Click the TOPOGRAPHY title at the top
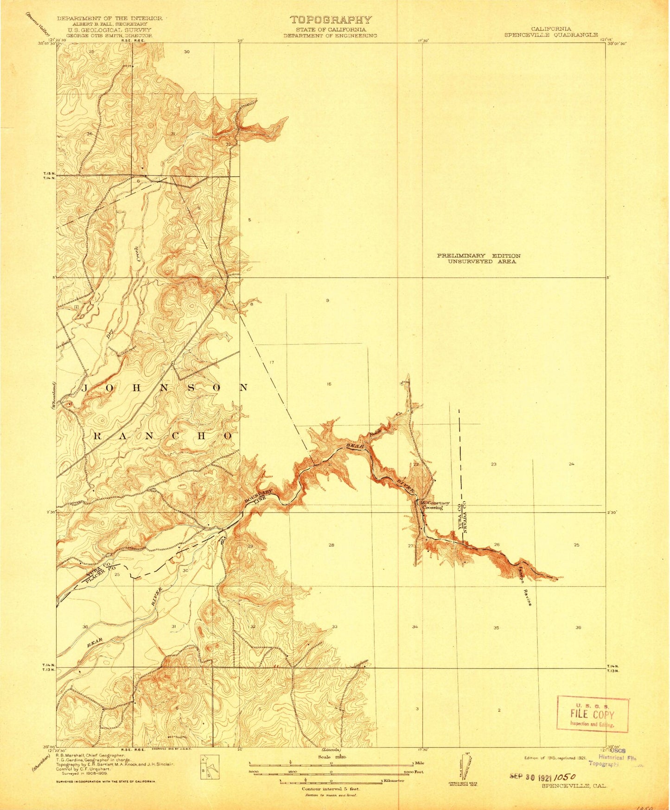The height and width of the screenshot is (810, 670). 331,20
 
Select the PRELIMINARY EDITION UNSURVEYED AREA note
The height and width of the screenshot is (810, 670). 479,259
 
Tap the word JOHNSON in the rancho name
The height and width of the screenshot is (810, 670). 165,388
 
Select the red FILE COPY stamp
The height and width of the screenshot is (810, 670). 592,714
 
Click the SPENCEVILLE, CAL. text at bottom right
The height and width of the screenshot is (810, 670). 569,785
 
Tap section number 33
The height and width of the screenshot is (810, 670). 334,627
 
